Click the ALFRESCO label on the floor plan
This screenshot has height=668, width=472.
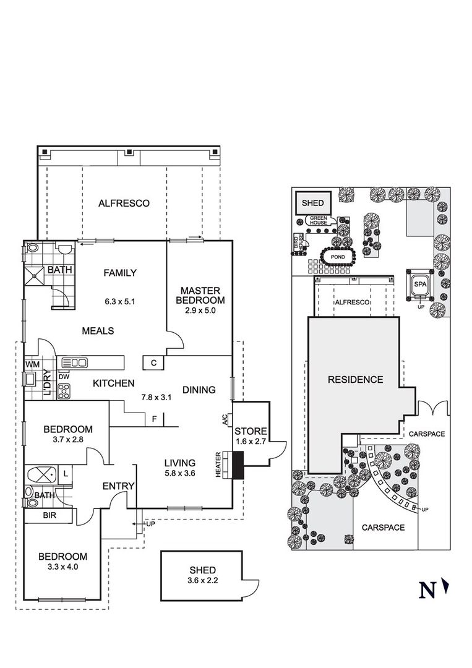click(x=124, y=203)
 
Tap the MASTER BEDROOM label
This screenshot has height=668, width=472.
click(x=200, y=296)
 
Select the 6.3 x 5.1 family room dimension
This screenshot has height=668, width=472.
click(x=120, y=302)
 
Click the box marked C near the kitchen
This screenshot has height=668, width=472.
click(x=154, y=363)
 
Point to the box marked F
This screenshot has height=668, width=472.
click(x=154, y=419)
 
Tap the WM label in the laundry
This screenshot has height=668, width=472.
click(x=32, y=365)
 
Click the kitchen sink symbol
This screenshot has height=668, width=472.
click(x=75, y=363)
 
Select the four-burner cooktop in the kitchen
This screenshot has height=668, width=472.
click(x=64, y=392)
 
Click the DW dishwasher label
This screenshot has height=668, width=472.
click(x=64, y=377)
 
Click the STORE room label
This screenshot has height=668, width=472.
click(x=251, y=431)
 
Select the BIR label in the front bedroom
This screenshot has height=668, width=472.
click(x=50, y=515)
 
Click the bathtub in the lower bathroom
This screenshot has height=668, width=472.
click(x=41, y=474)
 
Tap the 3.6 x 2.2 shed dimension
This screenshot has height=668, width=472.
click(x=203, y=580)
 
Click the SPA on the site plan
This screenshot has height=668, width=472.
click(x=420, y=284)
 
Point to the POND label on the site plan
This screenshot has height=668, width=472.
click(x=338, y=257)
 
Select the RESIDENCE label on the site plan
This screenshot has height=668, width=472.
click(x=355, y=380)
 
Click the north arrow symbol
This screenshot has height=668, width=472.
click(x=445, y=586)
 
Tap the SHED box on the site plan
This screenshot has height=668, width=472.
click(x=312, y=203)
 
